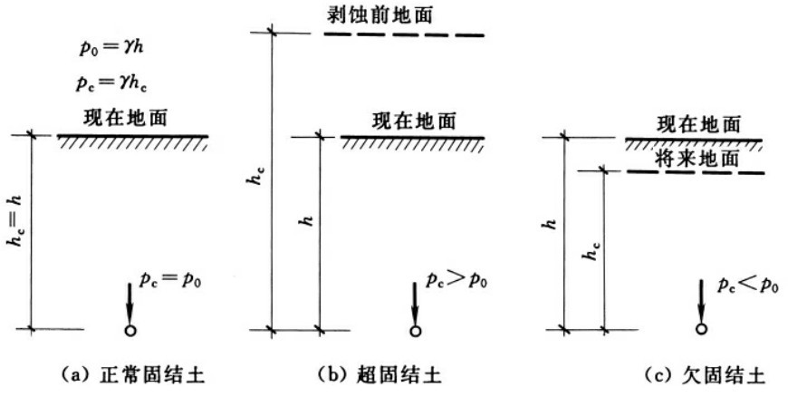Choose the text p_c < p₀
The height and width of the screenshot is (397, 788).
745,285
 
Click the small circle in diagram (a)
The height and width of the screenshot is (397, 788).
130,329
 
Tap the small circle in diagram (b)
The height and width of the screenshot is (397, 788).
415,330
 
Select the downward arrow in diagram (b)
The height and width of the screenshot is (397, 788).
415,299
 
